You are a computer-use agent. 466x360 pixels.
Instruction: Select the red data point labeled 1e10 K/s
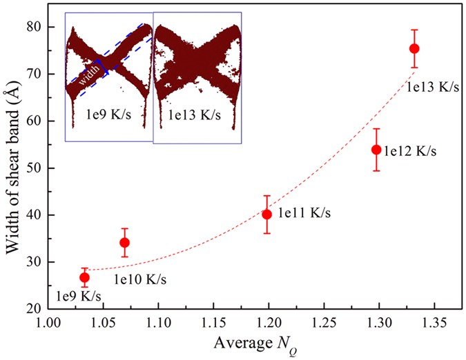pos(125,243)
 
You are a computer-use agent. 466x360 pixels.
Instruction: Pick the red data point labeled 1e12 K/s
pos(376,150)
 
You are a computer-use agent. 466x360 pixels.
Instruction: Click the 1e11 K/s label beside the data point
pos(305,214)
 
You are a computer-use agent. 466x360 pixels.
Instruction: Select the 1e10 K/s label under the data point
pos(139,280)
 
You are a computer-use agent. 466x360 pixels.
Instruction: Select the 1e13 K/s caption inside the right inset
pos(195,112)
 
